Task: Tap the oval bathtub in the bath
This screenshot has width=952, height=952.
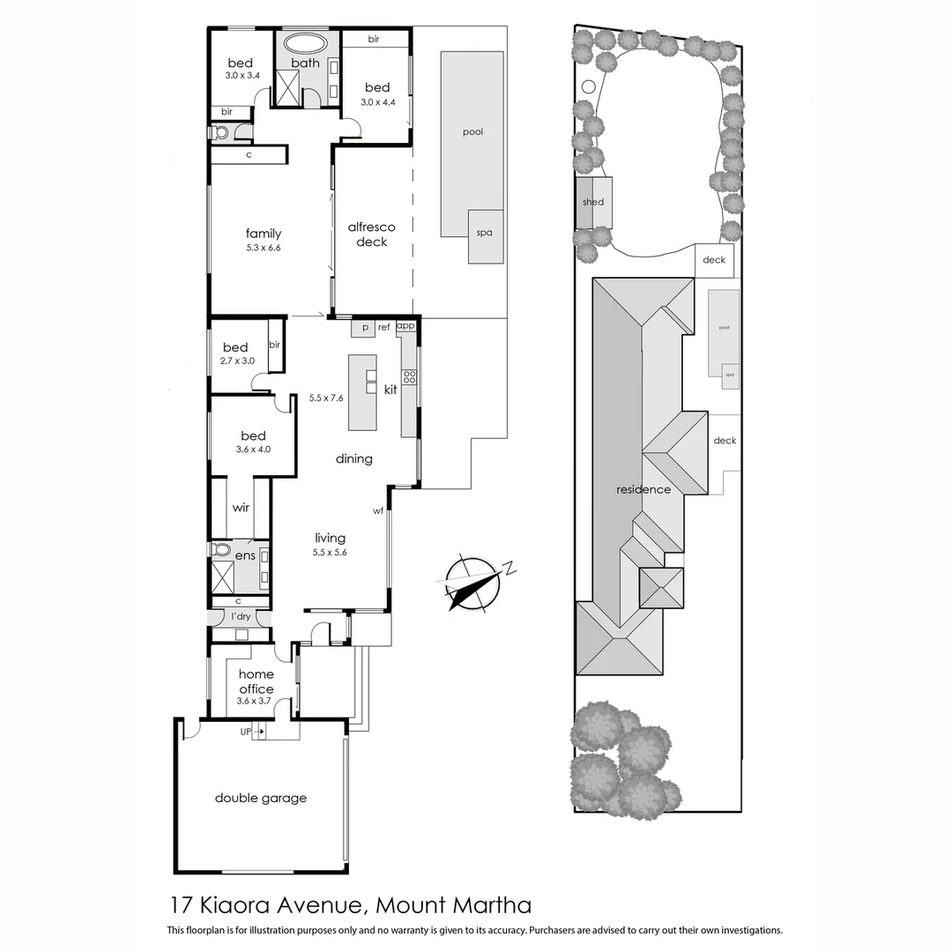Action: (305, 43)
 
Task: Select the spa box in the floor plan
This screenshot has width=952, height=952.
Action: (485, 235)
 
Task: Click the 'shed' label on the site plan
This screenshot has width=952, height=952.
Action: (593, 202)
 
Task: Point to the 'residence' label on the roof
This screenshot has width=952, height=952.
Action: (643, 489)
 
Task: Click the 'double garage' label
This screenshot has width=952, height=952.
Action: (261, 798)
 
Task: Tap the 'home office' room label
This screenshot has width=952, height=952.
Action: (255, 681)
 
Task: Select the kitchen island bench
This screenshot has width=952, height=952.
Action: (362, 392)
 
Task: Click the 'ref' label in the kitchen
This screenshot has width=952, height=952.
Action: (383, 327)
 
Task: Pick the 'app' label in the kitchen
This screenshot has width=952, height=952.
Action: (405, 325)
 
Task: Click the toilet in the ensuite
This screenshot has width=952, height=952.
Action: (221, 550)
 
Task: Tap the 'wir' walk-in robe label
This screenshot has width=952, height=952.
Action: (241, 508)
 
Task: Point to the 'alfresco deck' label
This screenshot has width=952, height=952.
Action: (371, 234)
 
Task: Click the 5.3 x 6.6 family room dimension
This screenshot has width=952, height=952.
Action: (263, 249)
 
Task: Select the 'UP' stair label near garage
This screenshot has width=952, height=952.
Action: (246, 731)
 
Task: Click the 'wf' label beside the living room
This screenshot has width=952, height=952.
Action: (378, 510)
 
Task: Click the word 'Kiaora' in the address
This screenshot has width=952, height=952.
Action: (238, 904)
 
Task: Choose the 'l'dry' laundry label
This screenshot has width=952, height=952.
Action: (240, 616)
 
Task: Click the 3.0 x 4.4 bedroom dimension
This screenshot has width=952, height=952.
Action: (376, 101)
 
